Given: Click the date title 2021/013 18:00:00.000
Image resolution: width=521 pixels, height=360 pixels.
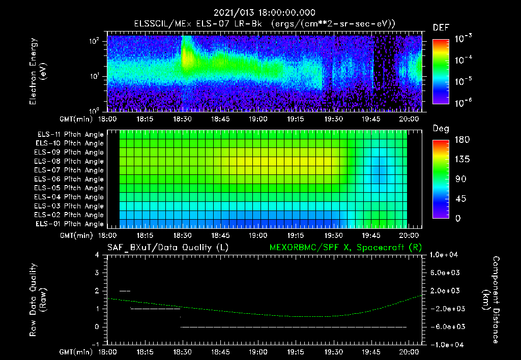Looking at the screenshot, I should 264,13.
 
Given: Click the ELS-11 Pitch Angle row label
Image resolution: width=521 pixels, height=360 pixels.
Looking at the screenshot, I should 69,135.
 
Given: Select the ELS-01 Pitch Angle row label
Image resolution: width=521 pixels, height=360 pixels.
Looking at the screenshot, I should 69,224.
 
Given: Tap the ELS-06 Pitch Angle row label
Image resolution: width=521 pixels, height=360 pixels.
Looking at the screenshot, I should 69,179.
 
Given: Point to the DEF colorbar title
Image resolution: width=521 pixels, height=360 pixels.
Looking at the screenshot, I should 441,28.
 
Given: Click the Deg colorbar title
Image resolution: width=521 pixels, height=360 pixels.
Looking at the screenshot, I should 441,129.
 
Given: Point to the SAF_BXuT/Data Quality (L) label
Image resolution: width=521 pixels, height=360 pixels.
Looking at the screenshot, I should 167,248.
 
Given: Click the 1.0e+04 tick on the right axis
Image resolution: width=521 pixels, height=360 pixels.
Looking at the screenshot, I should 445,255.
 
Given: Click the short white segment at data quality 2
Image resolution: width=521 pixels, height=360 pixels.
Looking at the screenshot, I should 125,291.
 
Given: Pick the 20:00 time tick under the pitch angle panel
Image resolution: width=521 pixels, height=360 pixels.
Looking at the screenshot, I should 410,235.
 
